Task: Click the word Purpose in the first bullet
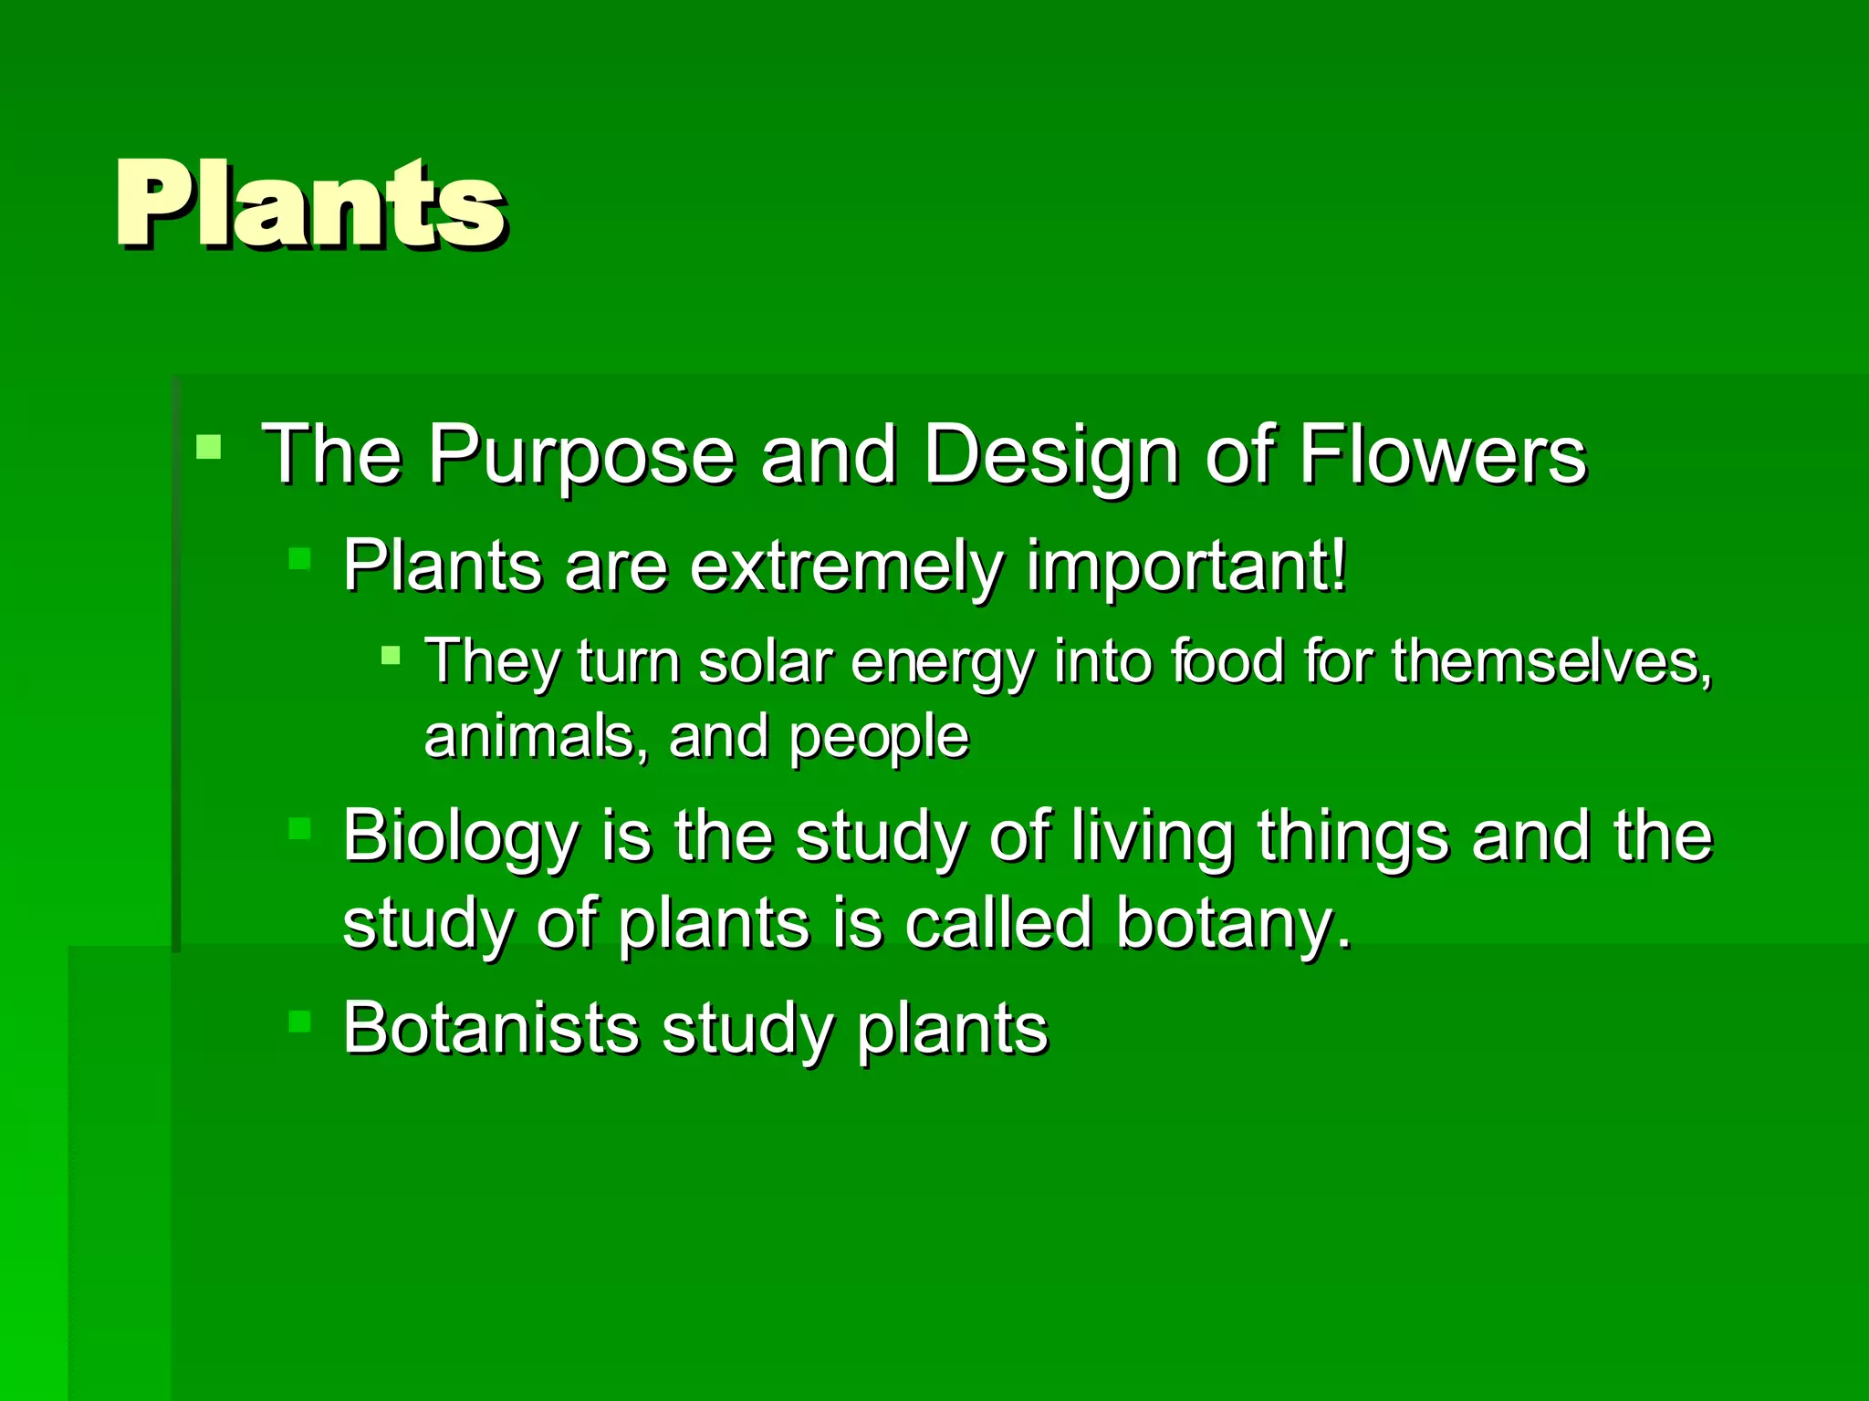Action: pyautogui.click(x=581, y=454)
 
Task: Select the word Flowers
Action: pyautogui.click(x=1442, y=453)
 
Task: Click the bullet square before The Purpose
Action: pyautogui.click(x=209, y=447)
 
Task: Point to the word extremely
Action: pyautogui.click(x=845, y=567)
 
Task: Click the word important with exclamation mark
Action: pyautogui.click(x=1185, y=567)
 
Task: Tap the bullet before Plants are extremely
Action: pyautogui.click(x=299, y=558)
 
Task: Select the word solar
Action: pyautogui.click(x=765, y=660)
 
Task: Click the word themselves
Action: pyautogui.click(x=1551, y=660)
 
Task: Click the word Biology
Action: pyautogui.click(x=461, y=837)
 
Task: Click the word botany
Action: pyautogui.click(x=1232, y=924)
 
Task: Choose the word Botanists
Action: pyautogui.click(x=490, y=1029)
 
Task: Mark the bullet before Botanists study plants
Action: pyautogui.click(x=299, y=1021)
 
